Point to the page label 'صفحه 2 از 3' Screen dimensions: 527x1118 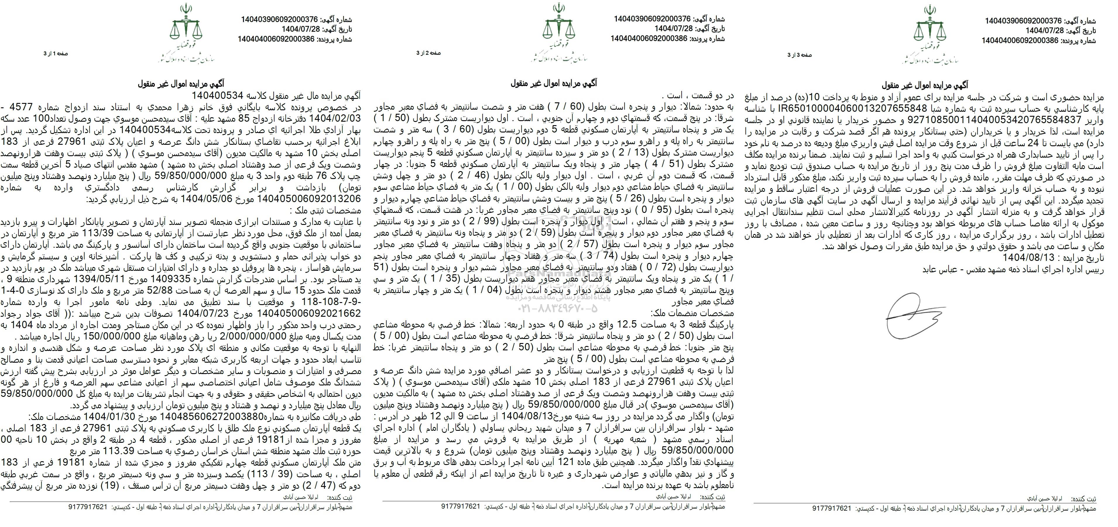click(428, 53)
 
